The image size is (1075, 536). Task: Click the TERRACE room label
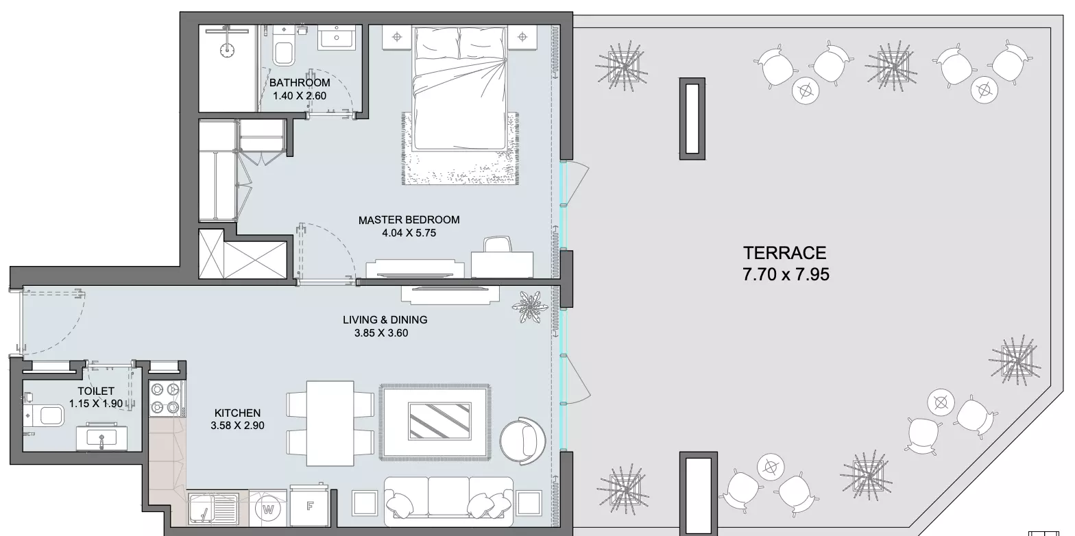click(x=784, y=253)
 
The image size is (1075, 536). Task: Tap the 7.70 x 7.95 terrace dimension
click(x=786, y=274)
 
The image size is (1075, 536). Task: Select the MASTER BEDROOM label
click(x=409, y=220)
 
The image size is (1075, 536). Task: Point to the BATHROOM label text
click(x=300, y=82)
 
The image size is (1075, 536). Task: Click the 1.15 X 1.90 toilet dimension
click(x=96, y=404)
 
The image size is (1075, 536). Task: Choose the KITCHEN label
click(x=237, y=413)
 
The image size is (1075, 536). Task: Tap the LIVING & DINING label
click(x=385, y=319)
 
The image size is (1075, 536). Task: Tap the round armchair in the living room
click(x=522, y=441)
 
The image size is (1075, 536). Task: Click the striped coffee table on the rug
click(x=439, y=421)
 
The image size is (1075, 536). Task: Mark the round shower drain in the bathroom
click(x=227, y=50)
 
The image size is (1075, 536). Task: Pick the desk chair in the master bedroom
click(x=498, y=244)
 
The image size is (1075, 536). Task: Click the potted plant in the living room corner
click(x=530, y=306)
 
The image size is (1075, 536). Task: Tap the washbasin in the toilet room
click(x=101, y=437)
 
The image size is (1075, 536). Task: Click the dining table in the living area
click(x=330, y=423)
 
